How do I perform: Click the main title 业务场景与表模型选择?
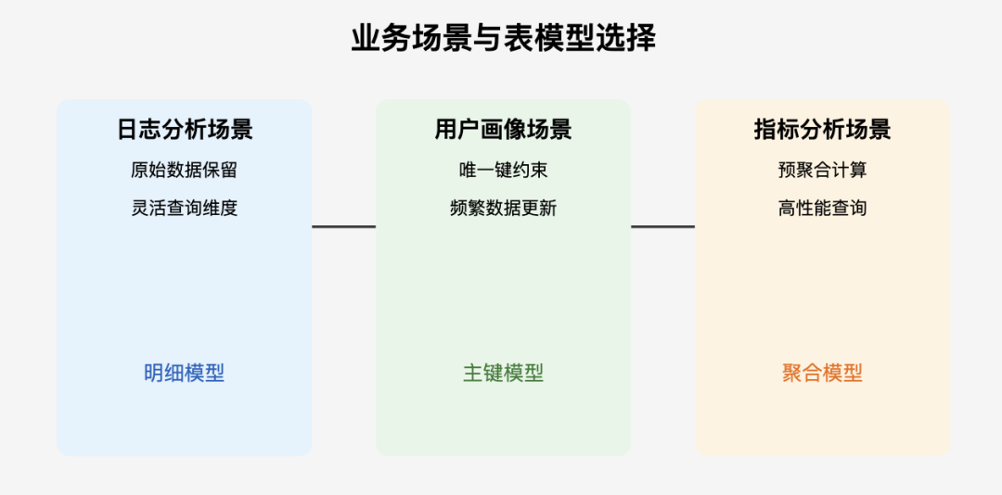tap(503, 39)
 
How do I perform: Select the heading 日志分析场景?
tap(185, 129)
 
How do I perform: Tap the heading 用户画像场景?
tap(503, 129)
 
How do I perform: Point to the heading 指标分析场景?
tap(822, 129)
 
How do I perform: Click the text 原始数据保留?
tap(185, 170)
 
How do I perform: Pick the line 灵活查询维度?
tap(185, 209)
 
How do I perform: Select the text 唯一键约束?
tap(503, 170)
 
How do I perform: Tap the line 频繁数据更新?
tap(503, 209)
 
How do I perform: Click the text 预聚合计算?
tap(822, 170)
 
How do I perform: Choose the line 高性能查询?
tap(822, 209)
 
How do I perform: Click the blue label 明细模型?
tap(184, 373)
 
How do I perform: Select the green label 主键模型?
tap(503, 373)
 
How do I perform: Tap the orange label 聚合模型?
tap(822, 373)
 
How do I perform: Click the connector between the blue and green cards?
tap(344, 226)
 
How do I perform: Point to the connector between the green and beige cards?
tap(662, 226)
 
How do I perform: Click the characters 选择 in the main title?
tap(625, 39)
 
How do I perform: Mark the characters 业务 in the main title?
tap(381, 39)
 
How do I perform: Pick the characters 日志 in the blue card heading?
tap(139, 129)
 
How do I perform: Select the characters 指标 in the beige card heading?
tap(777, 129)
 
